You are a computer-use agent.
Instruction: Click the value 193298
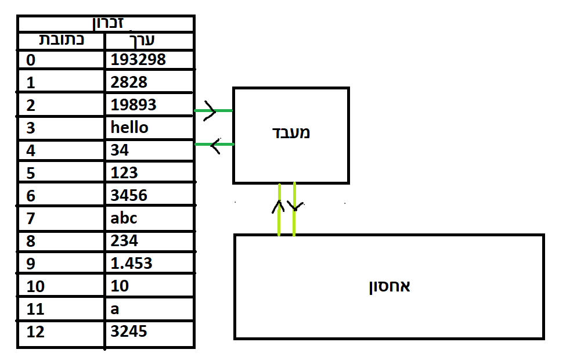tap(138, 59)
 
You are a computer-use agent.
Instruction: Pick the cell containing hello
tap(129, 127)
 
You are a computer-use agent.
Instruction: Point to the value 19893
tap(134, 105)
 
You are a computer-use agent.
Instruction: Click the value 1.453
tap(131, 263)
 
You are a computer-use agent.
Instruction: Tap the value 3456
tap(129, 195)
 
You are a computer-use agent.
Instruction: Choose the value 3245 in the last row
tap(129, 331)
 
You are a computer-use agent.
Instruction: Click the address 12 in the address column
tap(35, 332)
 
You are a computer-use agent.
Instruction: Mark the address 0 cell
tap(31, 60)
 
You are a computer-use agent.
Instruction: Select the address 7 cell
tap(31, 218)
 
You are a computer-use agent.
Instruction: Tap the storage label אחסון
tap(390, 286)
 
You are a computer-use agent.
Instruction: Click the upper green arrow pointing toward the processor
tap(212, 110)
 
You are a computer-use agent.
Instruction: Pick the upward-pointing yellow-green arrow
tap(279, 209)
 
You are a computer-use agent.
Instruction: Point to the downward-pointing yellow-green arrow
tap(294, 209)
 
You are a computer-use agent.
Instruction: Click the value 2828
tap(129, 82)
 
